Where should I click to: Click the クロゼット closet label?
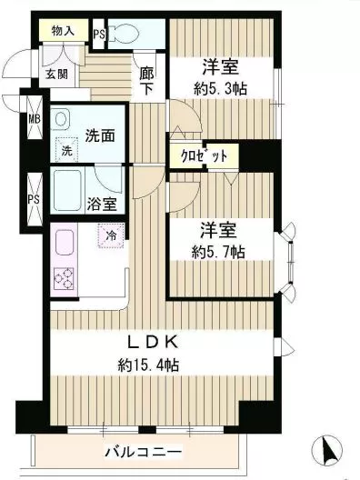(x=204, y=155)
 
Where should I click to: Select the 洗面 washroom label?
(x=99, y=136)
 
